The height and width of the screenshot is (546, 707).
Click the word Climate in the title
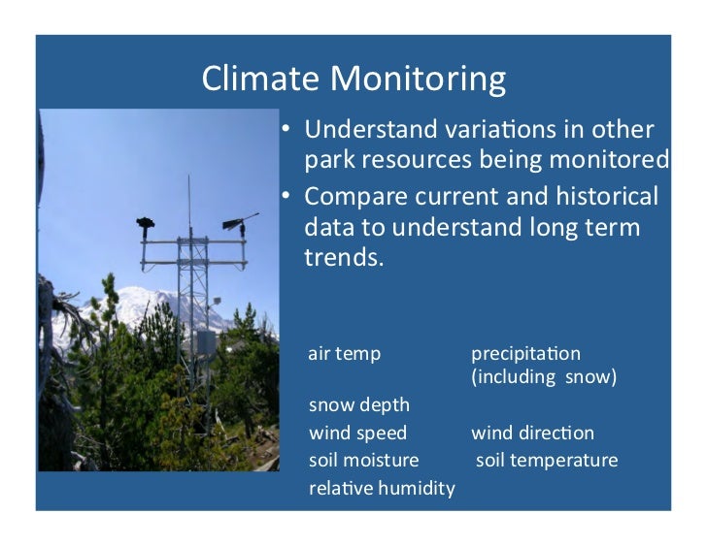click(x=260, y=79)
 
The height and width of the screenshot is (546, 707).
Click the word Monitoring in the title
click(x=418, y=80)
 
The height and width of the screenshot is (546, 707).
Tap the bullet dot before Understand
click(x=286, y=129)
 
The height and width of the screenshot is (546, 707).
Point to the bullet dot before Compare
click(x=286, y=196)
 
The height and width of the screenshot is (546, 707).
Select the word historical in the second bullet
click(x=607, y=196)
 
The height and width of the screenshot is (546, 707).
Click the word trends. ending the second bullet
click(x=344, y=257)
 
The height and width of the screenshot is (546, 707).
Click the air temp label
click(x=345, y=354)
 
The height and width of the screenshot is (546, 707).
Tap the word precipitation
click(x=525, y=354)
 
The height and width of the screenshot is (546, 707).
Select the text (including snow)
click(x=544, y=376)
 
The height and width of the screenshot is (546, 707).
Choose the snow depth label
click(x=359, y=405)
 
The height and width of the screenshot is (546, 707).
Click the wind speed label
click(x=358, y=434)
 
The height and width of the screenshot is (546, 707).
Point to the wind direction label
click(x=532, y=434)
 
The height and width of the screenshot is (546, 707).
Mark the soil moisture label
click(x=364, y=460)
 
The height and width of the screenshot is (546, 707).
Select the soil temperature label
click(x=547, y=461)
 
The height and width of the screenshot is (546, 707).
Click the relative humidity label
click(x=382, y=488)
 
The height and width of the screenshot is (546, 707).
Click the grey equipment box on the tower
click(x=206, y=344)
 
